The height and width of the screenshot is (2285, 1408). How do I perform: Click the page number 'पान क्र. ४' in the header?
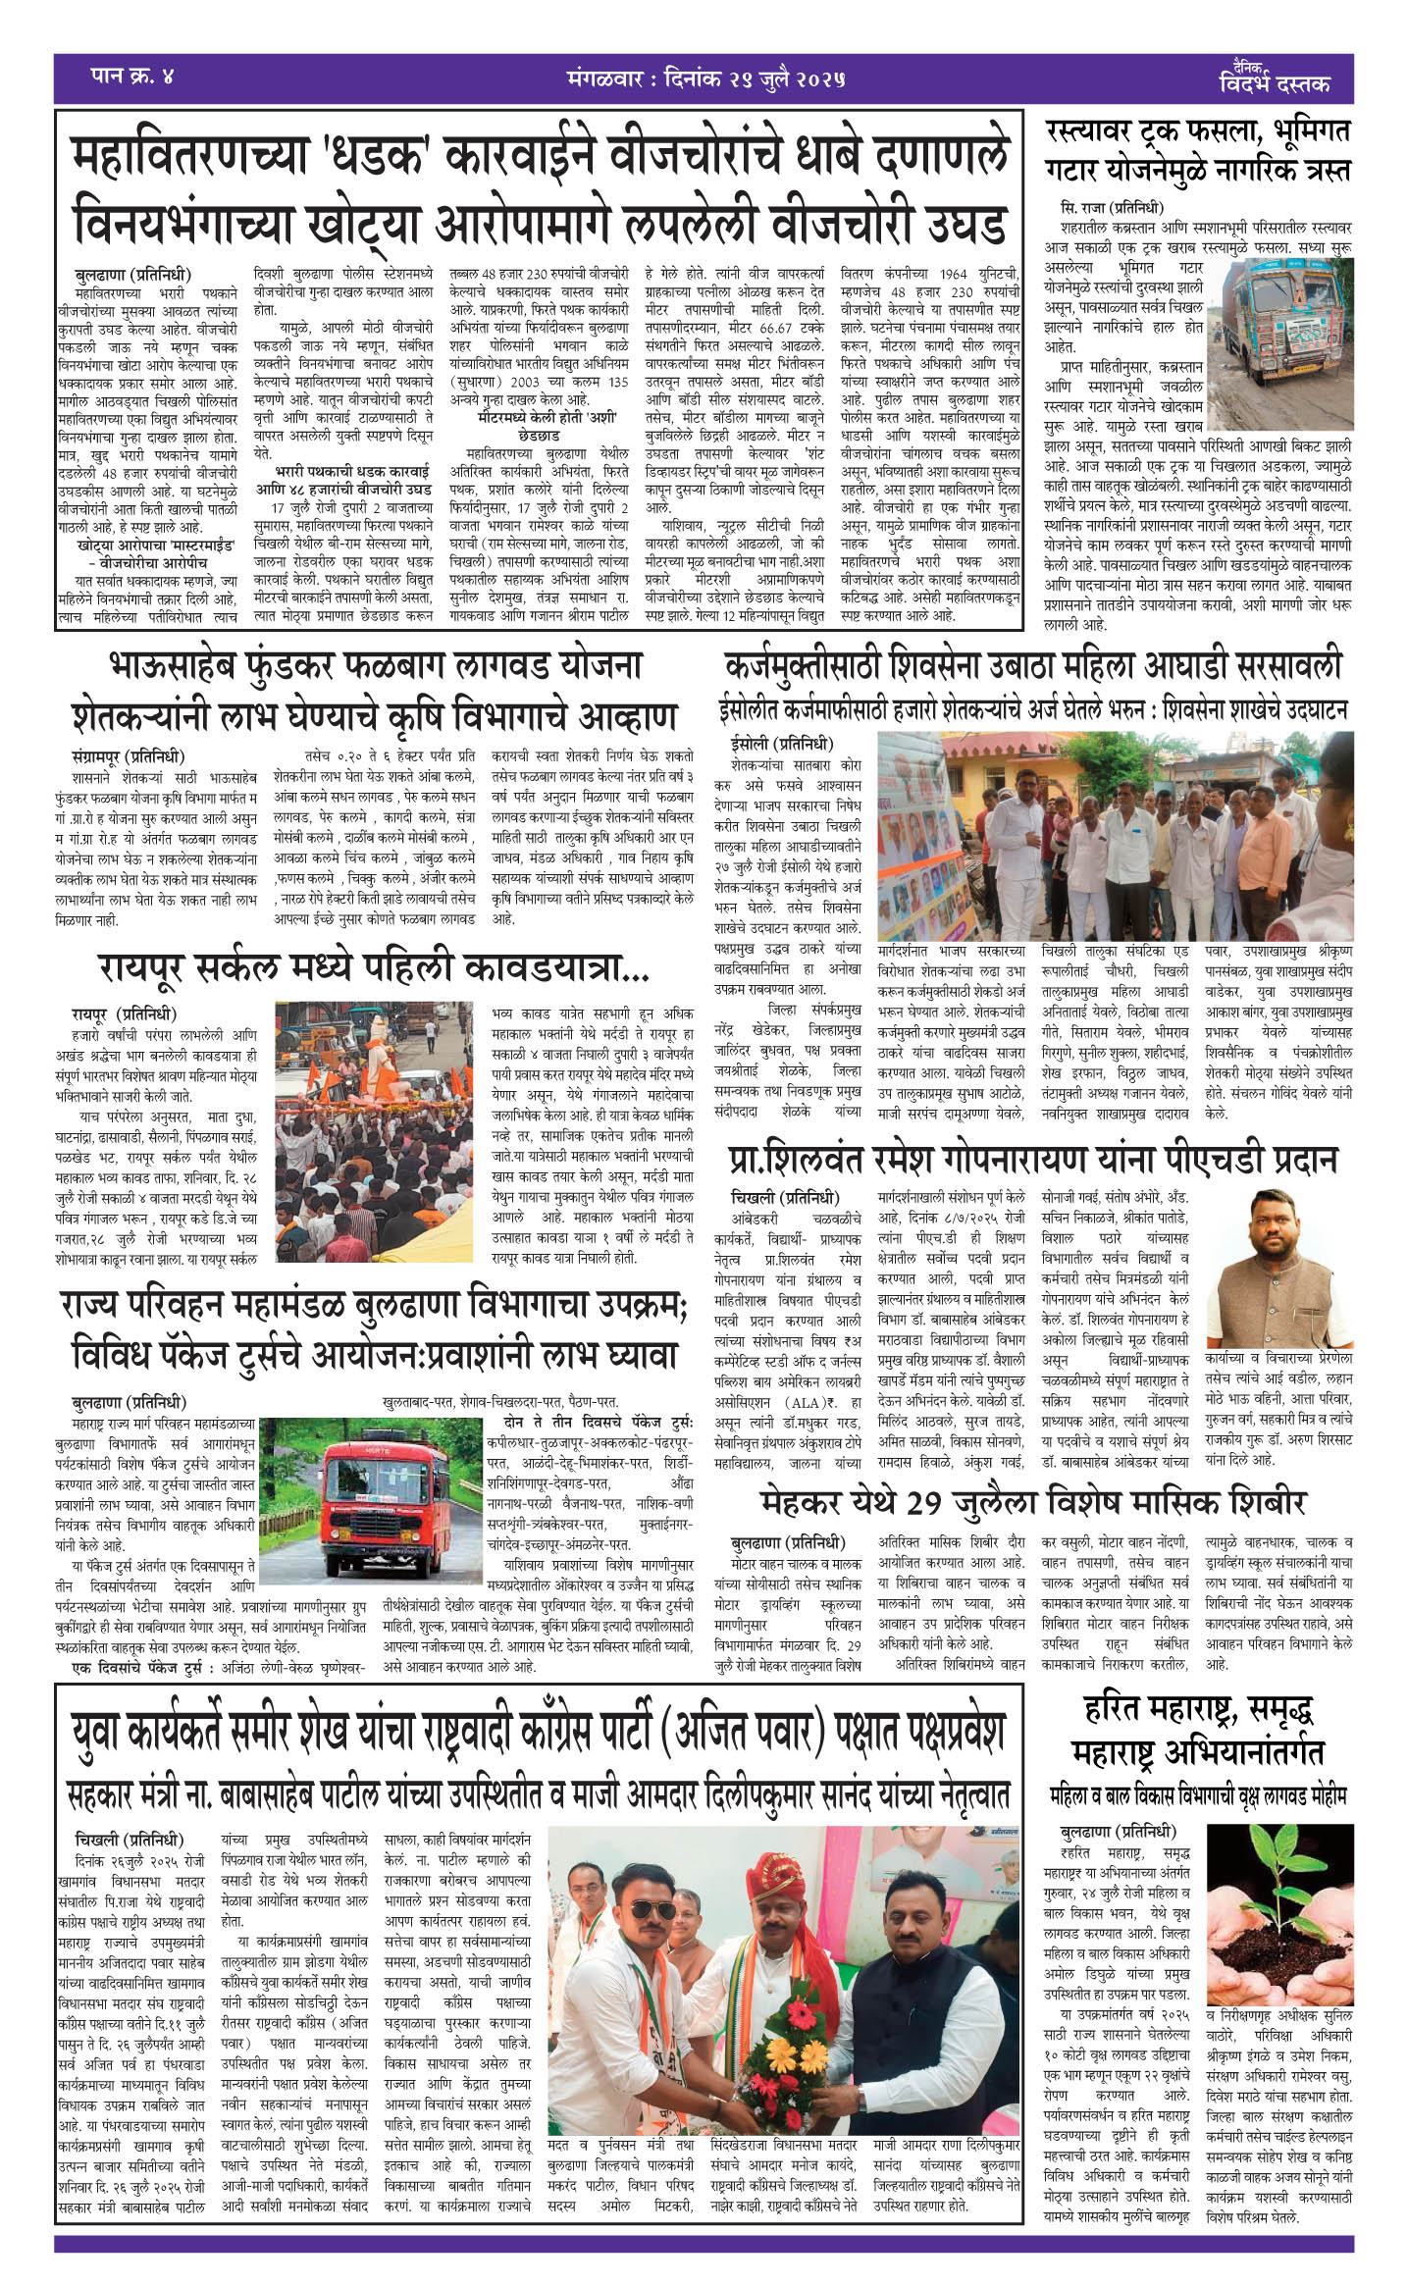click(131, 77)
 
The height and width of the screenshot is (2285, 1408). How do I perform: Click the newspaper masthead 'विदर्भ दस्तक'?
click(1275, 83)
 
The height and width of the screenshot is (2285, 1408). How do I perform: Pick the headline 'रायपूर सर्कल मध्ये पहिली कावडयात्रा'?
click(373, 969)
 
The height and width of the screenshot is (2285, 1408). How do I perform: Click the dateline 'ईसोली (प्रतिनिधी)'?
click(781, 743)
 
